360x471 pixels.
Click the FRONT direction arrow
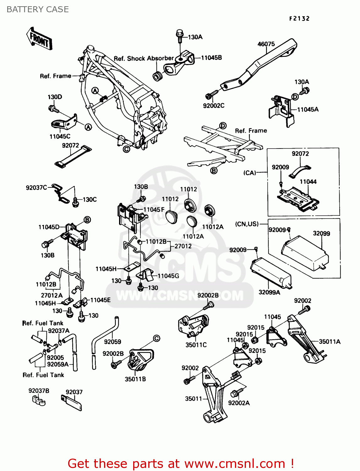39,39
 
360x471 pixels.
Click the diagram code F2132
299,19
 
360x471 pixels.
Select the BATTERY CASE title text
38,9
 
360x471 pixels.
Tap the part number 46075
266,44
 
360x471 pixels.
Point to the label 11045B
211,58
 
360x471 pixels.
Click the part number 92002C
214,106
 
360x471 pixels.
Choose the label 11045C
60,136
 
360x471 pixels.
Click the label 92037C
36,188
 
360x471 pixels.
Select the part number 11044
308,182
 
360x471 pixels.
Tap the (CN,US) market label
247,224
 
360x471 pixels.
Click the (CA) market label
250,173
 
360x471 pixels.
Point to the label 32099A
269,292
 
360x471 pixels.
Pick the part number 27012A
52,295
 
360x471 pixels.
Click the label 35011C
196,345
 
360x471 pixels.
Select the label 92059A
58,364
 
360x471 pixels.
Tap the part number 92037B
39,391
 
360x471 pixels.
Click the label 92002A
239,403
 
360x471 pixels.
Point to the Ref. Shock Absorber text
144,58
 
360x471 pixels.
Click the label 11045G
168,276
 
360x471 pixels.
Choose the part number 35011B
135,379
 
